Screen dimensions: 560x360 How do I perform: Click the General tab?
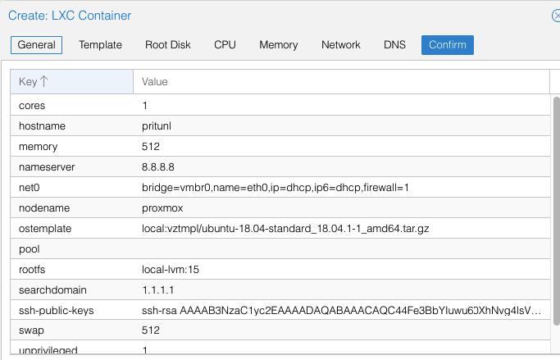(36, 45)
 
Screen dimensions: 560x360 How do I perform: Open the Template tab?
(100, 45)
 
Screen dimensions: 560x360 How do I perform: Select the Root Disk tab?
(168, 45)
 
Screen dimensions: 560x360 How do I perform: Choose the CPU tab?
(225, 45)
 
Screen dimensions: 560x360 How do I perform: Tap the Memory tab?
(279, 45)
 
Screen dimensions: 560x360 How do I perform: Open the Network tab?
(341, 45)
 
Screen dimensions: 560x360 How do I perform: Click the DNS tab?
(394, 45)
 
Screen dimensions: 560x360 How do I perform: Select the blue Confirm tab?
(448, 45)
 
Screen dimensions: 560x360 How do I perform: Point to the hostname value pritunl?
(157, 126)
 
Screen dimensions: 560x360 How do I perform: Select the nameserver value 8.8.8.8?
(158, 167)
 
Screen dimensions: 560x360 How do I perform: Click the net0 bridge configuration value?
(275, 188)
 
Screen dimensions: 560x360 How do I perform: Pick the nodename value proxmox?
(162, 208)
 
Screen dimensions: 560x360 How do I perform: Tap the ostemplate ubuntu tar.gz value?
(285, 229)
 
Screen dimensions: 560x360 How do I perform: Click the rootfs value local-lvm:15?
(171, 270)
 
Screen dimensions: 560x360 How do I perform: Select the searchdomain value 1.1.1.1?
(158, 290)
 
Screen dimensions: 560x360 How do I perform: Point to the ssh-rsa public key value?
(341, 311)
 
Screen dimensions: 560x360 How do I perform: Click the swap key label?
(31, 330)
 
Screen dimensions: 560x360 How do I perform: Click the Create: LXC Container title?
(70, 16)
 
